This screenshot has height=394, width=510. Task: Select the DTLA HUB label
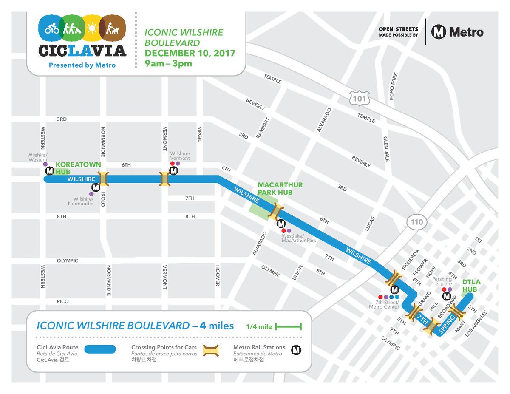coord(470,286)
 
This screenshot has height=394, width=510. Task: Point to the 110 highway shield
coord(414,222)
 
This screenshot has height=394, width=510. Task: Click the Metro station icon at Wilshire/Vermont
coord(173,171)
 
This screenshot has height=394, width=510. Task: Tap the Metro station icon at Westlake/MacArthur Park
coord(281,224)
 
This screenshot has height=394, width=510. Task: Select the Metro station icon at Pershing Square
coord(446,297)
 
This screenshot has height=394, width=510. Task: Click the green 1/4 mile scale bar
coord(288,326)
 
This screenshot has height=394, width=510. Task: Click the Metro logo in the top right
coord(457,32)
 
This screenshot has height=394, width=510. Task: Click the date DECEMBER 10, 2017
coord(190,54)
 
